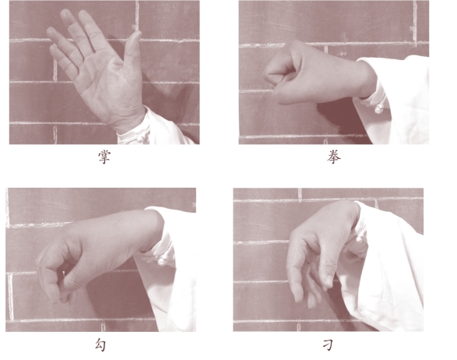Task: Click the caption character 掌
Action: [104, 157]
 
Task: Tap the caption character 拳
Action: [334, 157]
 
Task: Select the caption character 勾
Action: [100, 345]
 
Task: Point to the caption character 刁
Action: [329, 345]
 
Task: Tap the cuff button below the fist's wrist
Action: [379, 109]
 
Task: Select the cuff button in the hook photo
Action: [163, 261]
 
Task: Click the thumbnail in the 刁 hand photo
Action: [329, 281]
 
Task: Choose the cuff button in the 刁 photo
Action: [360, 240]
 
